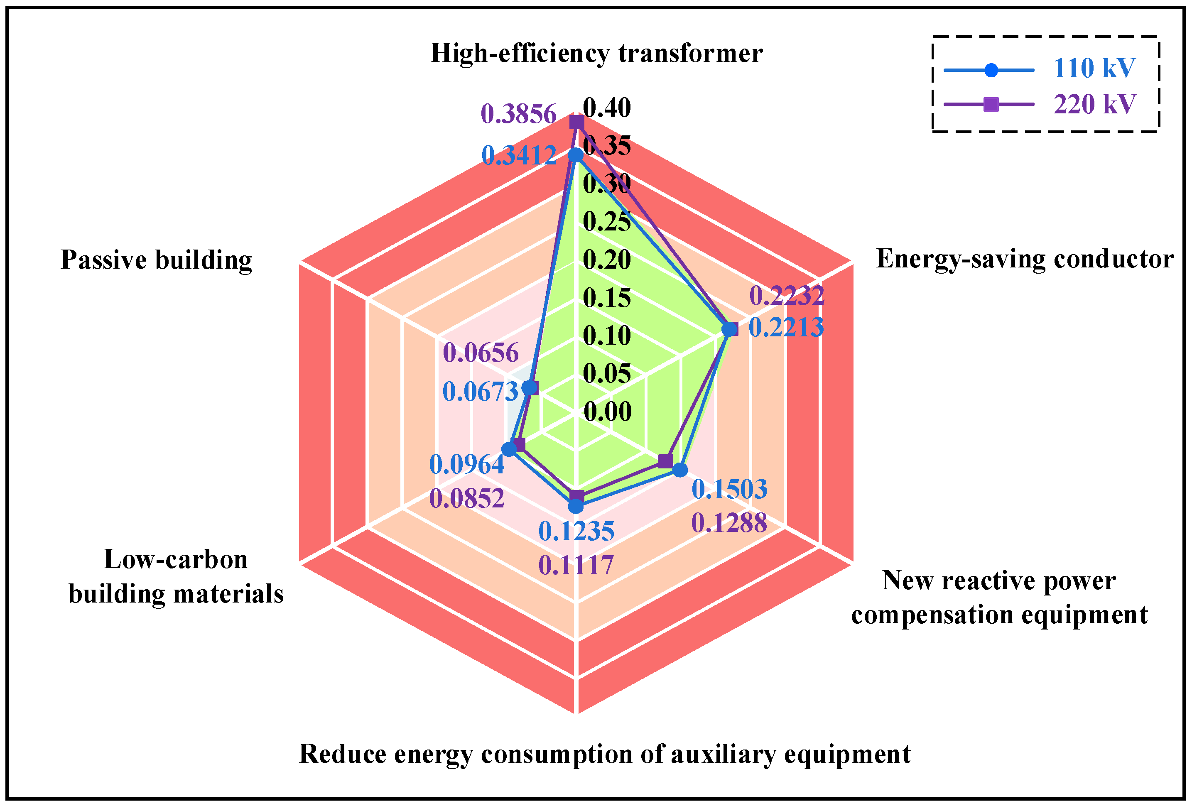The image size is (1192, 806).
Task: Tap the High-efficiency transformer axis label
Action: [x=596, y=53]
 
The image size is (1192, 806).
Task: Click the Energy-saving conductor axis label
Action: [x=1024, y=259]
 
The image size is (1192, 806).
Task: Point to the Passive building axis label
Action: [x=157, y=260]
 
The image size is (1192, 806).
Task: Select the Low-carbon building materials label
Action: [x=176, y=576]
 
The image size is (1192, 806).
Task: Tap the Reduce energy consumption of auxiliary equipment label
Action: [x=605, y=754]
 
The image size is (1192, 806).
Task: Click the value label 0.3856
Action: [x=518, y=114]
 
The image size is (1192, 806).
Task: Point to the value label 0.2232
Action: [x=786, y=296]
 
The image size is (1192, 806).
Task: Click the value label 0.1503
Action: [x=729, y=489]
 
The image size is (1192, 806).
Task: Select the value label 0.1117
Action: [x=576, y=566]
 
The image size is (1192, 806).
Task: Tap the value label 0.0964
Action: [x=466, y=465]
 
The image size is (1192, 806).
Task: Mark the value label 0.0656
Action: [x=481, y=353]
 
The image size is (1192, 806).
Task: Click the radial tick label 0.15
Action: [x=607, y=298]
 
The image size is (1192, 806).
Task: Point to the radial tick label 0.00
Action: [x=607, y=412]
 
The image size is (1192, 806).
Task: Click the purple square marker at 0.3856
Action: [x=577, y=122]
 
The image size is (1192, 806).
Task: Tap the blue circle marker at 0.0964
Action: [x=509, y=450]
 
